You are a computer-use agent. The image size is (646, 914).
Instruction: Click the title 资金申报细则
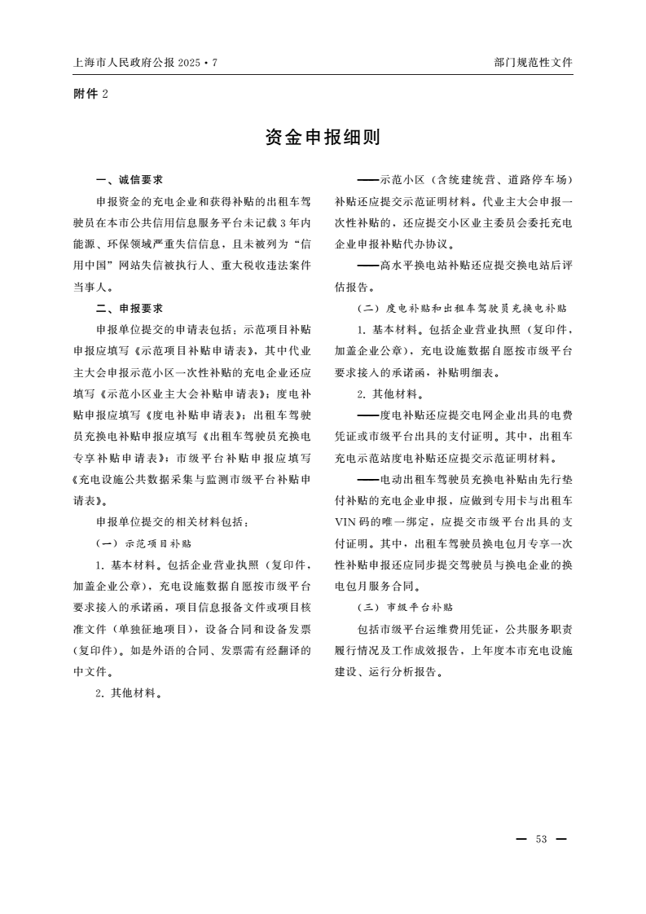click(323, 138)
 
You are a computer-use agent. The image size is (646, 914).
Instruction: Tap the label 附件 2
click(90, 94)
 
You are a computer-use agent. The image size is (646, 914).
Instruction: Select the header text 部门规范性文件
click(533, 62)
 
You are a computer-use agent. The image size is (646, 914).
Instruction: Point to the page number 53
click(541, 839)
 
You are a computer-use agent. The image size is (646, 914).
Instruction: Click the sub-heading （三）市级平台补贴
click(405, 607)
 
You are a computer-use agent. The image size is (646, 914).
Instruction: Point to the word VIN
click(347, 521)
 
